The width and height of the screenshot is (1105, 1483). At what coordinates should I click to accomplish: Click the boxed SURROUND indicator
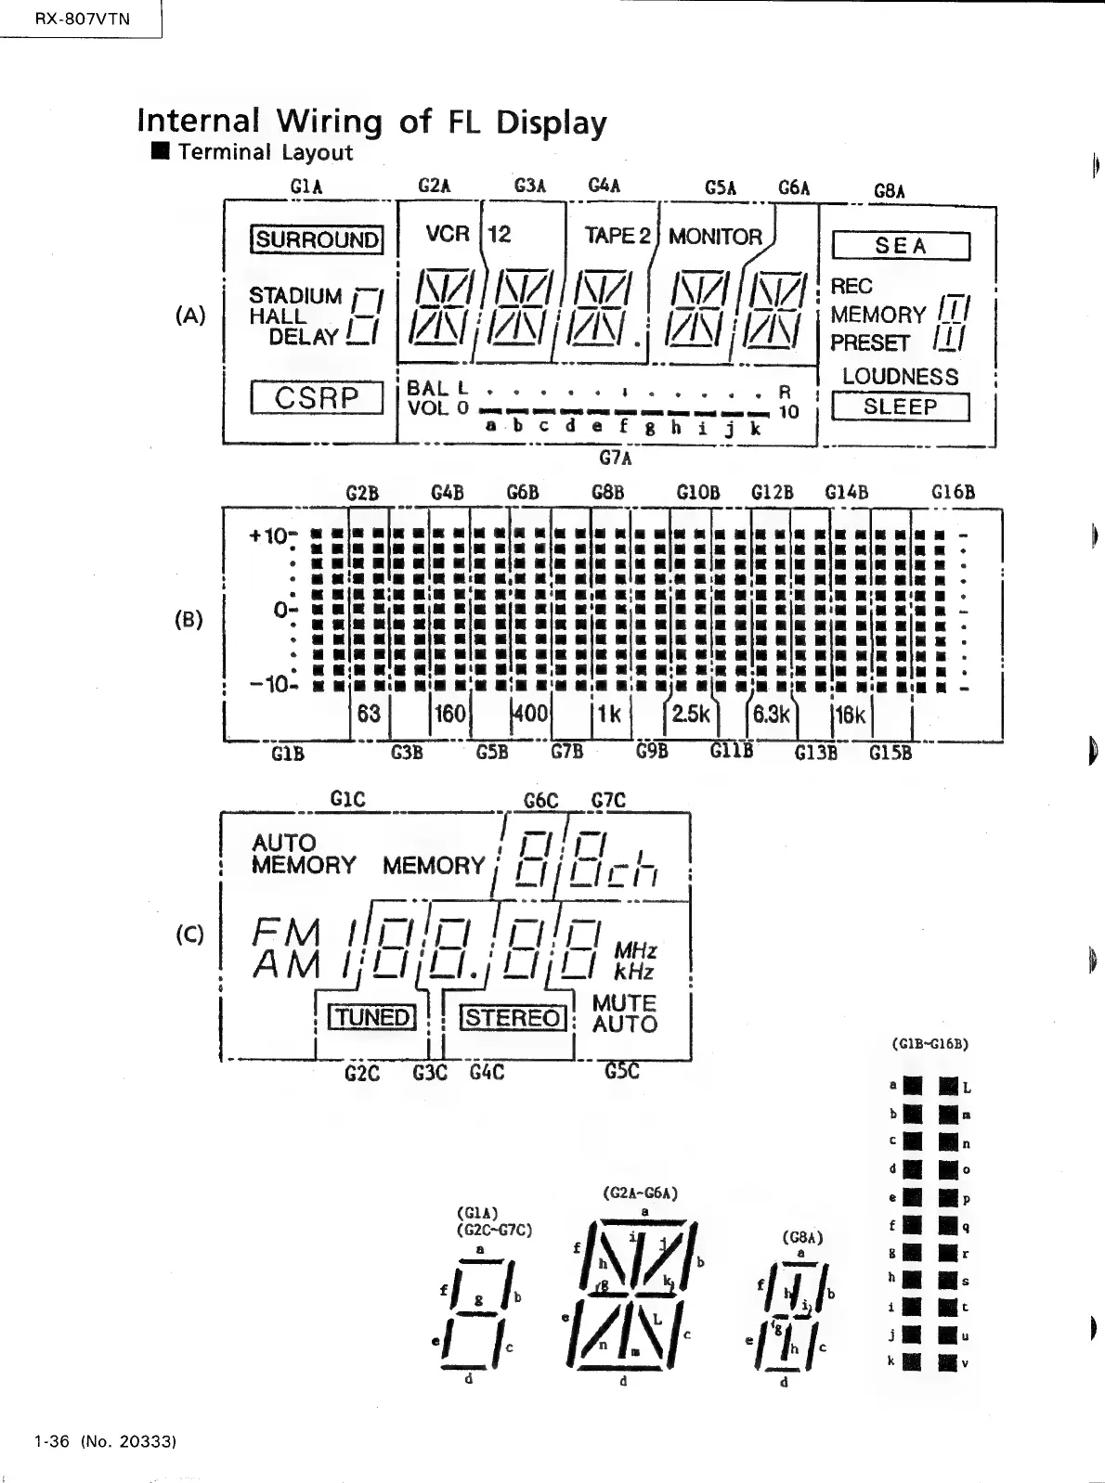[317, 240]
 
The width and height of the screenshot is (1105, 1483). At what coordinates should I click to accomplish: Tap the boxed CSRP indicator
[317, 398]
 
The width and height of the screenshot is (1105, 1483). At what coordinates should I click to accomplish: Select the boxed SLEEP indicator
[900, 407]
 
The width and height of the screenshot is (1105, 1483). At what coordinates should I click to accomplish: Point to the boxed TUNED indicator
[372, 1017]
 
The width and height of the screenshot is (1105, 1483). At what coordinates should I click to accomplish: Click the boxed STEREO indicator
[513, 1018]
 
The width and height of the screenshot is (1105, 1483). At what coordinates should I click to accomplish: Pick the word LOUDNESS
[900, 377]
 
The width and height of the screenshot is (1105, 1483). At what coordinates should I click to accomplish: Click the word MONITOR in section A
[715, 238]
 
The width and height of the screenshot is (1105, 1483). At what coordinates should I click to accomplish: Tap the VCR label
[448, 234]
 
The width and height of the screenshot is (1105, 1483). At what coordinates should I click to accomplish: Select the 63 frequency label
[369, 714]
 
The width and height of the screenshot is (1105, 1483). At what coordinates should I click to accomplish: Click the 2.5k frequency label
[690, 714]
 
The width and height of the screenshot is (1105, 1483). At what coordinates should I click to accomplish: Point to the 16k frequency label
[850, 715]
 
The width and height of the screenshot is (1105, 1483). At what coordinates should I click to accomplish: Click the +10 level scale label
[269, 536]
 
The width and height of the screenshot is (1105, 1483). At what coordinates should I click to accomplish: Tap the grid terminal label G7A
[616, 458]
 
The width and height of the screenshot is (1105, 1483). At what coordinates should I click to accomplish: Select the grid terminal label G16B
[953, 492]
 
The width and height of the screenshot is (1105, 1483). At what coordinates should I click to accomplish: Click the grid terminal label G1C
[348, 799]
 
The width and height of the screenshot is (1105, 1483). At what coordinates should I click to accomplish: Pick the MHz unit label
[636, 951]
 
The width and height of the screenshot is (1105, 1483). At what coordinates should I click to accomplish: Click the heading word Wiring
[330, 122]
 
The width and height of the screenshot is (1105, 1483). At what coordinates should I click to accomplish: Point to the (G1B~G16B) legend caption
[929, 1043]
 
